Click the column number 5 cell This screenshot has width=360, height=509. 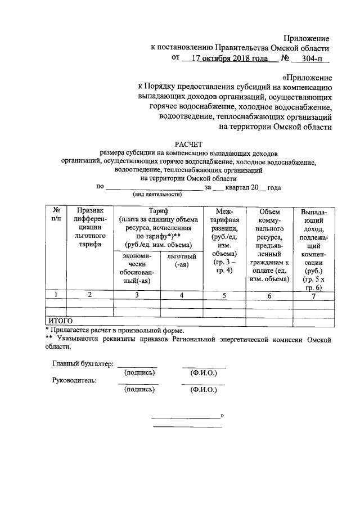224,295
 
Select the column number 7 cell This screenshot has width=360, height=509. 317,295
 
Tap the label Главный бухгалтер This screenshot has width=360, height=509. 83,364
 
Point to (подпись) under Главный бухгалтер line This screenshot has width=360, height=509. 139,372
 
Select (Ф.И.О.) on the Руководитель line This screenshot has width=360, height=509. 203,389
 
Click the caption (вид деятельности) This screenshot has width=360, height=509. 157,194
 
